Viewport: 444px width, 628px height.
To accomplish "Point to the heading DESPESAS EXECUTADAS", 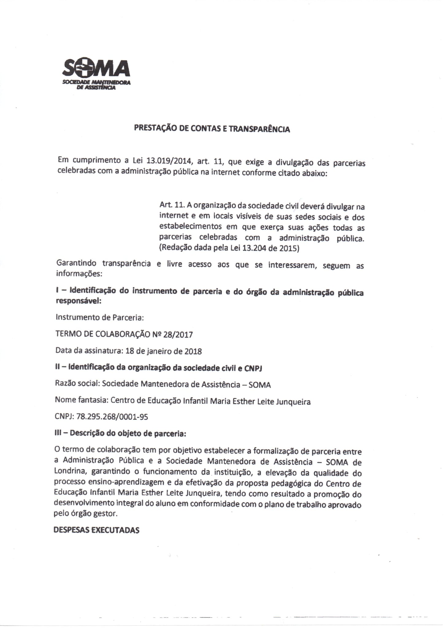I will coord(96,530).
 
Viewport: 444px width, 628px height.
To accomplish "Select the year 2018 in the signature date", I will coord(193,351).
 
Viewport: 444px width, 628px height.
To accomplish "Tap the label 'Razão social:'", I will coord(77,384).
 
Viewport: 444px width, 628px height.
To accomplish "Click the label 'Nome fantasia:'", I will coord(81,401).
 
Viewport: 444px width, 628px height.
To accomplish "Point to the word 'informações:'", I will coord(78,273).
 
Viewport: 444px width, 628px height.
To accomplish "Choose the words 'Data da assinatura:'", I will coord(89,351).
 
